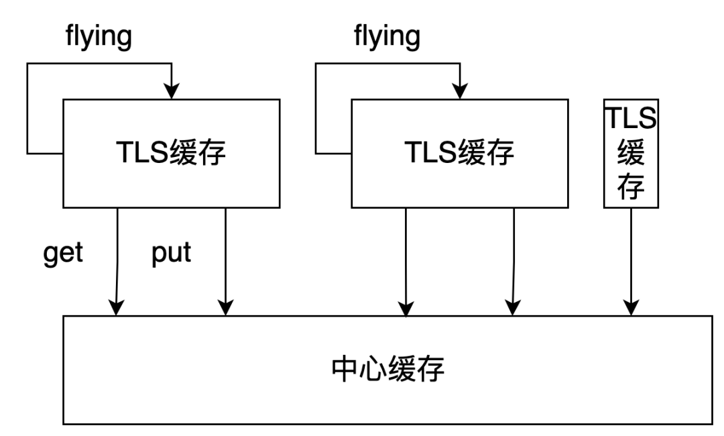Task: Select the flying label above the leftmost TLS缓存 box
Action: coord(99,38)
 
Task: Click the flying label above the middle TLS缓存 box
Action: coord(387,38)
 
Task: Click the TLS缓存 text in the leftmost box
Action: coord(171,154)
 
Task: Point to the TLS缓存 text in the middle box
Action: coord(459,154)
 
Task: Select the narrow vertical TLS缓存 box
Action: coord(631,154)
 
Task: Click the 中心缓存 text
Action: coord(388,370)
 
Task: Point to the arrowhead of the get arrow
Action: coord(117,308)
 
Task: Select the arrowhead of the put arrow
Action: coord(226,308)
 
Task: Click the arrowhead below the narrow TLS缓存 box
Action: coord(631,308)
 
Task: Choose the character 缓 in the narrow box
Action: coord(631,155)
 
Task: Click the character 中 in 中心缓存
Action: coord(346,370)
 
